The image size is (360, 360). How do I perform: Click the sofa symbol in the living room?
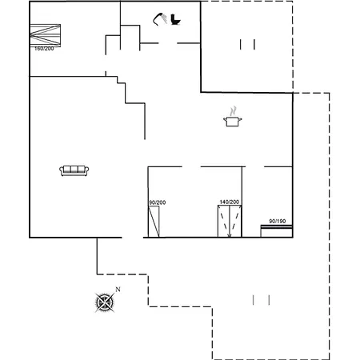(74, 170)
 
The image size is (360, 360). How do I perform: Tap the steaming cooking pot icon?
(233, 117)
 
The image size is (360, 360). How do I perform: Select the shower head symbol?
(159, 19)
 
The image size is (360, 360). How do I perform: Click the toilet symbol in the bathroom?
(175, 19)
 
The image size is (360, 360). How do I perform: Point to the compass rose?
(105, 302)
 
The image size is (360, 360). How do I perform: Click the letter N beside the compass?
(118, 290)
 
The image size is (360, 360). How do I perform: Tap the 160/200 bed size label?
(44, 49)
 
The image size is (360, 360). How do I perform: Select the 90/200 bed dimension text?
(158, 202)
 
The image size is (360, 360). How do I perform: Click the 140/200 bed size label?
(230, 202)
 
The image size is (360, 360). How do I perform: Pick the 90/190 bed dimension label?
(278, 221)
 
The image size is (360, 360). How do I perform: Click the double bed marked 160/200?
(45, 35)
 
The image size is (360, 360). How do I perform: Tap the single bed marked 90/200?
(154, 222)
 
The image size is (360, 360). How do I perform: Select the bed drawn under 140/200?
(230, 222)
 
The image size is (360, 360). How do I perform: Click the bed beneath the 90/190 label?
(277, 231)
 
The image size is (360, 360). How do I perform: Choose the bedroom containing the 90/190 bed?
(267, 202)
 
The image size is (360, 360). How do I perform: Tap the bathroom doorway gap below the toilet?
(168, 43)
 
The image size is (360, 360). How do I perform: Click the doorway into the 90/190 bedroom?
(254, 167)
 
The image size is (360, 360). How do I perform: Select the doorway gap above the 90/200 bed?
(191, 167)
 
